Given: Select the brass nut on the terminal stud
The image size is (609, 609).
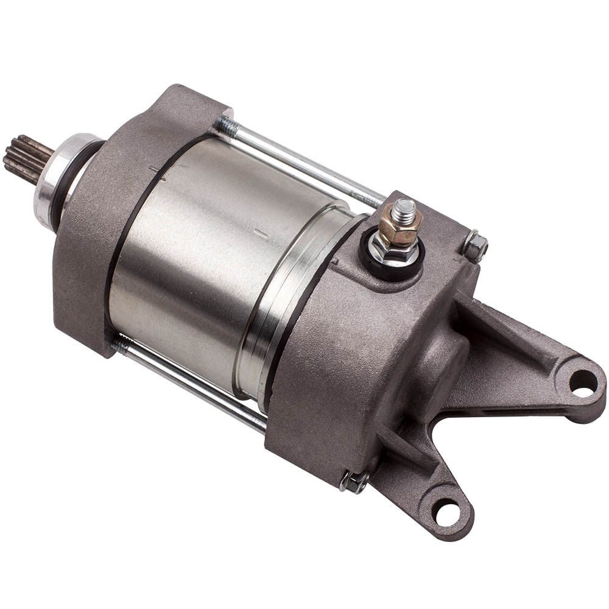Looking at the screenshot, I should pyautogui.click(x=400, y=228).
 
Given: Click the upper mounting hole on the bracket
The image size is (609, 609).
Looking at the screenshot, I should pyautogui.click(x=583, y=382).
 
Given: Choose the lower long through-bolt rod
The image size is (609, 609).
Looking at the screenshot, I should pyautogui.click(x=195, y=384).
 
